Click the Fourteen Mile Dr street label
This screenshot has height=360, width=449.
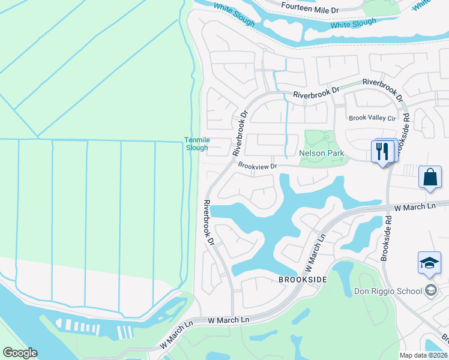(x=310, y=10)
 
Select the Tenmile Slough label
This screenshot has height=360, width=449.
(x=196, y=144)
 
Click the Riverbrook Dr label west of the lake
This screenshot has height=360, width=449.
(x=209, y=223)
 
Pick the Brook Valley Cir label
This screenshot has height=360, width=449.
(x=372, y=118)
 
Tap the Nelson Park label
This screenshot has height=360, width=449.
(x=322, y=154)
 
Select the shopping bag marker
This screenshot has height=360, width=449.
(x=430, y=178)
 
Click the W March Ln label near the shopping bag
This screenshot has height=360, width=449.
(x=414, y=207)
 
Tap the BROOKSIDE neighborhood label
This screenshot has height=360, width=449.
(x=303, y=280)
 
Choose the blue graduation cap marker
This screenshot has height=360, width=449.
(x=430, y=264)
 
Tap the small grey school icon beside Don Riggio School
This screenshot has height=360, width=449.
(x=430, y=291)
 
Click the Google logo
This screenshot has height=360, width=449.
(x=20, y=353)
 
